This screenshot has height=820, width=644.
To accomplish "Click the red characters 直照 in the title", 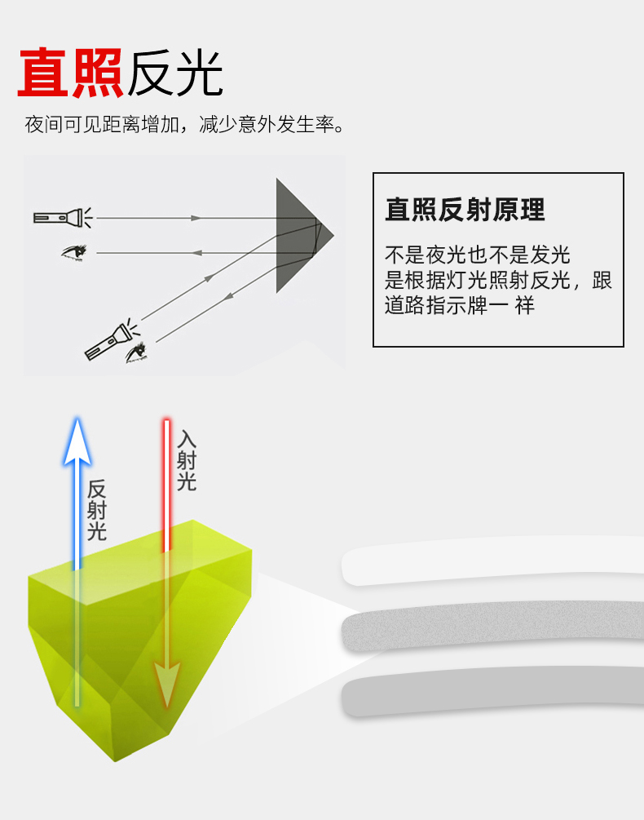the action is pyautogui.click(x=70, y=73).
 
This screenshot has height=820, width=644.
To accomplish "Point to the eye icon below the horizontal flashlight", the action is pyautogui.click(x=75, y=252).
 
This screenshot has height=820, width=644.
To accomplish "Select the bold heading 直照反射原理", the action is pyautogui.click(x=465, y=210).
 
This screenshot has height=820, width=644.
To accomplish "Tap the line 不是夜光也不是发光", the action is pyautogui.click(x=478, y=255).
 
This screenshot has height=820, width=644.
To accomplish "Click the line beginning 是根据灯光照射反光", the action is pyautogui.click(x=498, y=281).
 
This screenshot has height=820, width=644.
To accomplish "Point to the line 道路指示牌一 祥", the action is pyautogui.click(x=460, y=307).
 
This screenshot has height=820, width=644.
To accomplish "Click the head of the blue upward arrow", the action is pyautogui.click(x=77, y=441).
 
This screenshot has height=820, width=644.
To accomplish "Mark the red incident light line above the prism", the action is pyautogui.click(x=166, y=481).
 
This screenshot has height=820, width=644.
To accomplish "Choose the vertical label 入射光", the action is pyautogui.click(x=187, y=460).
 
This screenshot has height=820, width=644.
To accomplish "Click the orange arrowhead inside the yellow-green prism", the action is pyautogui.click(x=166, y=683).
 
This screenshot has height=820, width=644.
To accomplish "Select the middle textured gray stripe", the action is pyautogui.click(x=489, y=632).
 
